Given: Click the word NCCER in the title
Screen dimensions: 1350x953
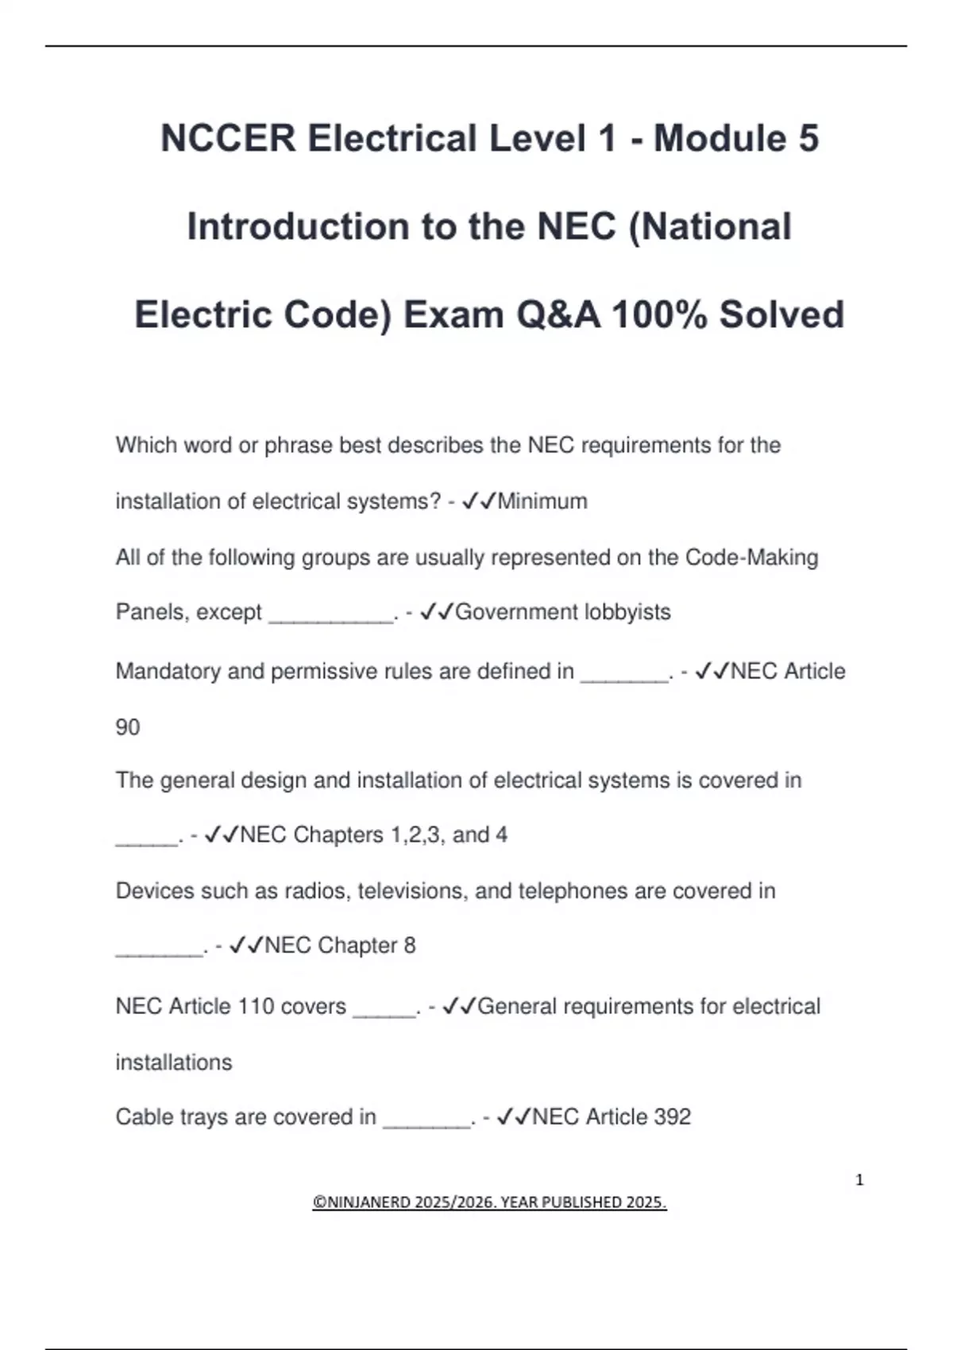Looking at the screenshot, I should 228,138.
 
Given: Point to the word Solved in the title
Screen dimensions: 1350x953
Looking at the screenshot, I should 781,314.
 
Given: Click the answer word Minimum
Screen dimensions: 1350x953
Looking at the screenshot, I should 542,501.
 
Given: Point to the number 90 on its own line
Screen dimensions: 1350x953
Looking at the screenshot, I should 128,727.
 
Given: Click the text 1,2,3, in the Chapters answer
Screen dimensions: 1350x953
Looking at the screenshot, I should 417,835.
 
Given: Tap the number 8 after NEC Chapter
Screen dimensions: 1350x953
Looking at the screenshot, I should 410,945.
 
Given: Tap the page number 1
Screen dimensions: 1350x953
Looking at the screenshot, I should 859,1180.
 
